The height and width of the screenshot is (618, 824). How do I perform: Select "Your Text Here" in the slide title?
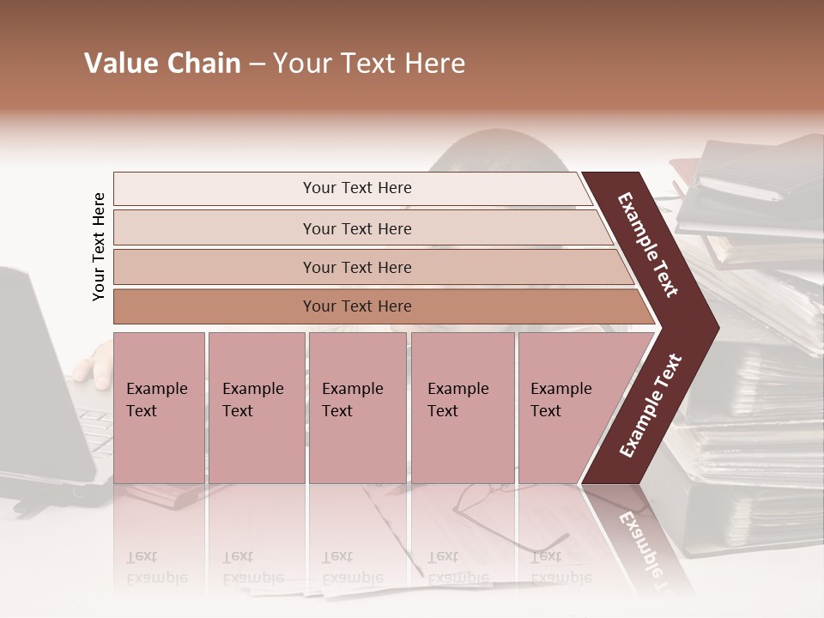click(x=369, y=64)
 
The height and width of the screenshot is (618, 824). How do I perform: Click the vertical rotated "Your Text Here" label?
click(x=99, y=246)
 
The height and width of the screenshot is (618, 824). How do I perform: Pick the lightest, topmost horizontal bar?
click(x=357, y=188)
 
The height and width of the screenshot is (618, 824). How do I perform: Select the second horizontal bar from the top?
click(x=357, y=228)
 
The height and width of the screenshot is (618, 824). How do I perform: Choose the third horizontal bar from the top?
click(x=357, y=267)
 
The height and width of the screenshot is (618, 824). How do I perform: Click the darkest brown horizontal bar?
click(x=357, y=306)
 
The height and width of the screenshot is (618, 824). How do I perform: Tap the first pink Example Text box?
click(x=159, y=408)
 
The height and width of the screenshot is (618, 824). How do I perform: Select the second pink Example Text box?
click(x=256, y=408)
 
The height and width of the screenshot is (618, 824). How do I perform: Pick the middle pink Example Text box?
click(x=357, y=408)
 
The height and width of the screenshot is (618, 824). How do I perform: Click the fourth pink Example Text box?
click(x=462, y=408)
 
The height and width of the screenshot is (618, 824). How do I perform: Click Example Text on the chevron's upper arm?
click(x=648, y=245)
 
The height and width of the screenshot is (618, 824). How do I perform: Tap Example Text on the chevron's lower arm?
click(x=651, y=405)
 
